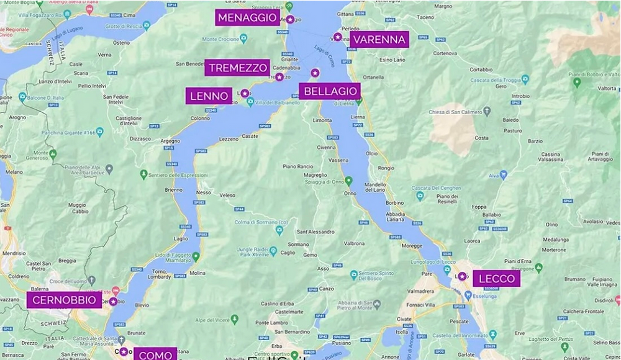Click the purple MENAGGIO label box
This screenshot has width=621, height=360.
coord(247,17)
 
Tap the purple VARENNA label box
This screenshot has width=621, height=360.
coord(379,40)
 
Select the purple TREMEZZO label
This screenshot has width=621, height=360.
coord(238,68)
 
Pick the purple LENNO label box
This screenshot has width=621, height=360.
coord(209,96)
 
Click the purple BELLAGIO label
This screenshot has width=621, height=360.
coord(330,91)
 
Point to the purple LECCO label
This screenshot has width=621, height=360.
coord(496,279)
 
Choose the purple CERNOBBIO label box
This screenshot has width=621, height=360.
coord(65,300)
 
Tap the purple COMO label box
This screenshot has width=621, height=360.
coord(155,355)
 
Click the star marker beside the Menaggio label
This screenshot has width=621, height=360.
coord(289,19)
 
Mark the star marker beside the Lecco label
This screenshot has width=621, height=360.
coord(462,276)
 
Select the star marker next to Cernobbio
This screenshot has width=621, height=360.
coord(113,302)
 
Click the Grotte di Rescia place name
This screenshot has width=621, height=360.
coord(122,25)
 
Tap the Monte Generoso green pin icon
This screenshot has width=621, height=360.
coord(53,153)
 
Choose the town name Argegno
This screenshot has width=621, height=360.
coord(170,141)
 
